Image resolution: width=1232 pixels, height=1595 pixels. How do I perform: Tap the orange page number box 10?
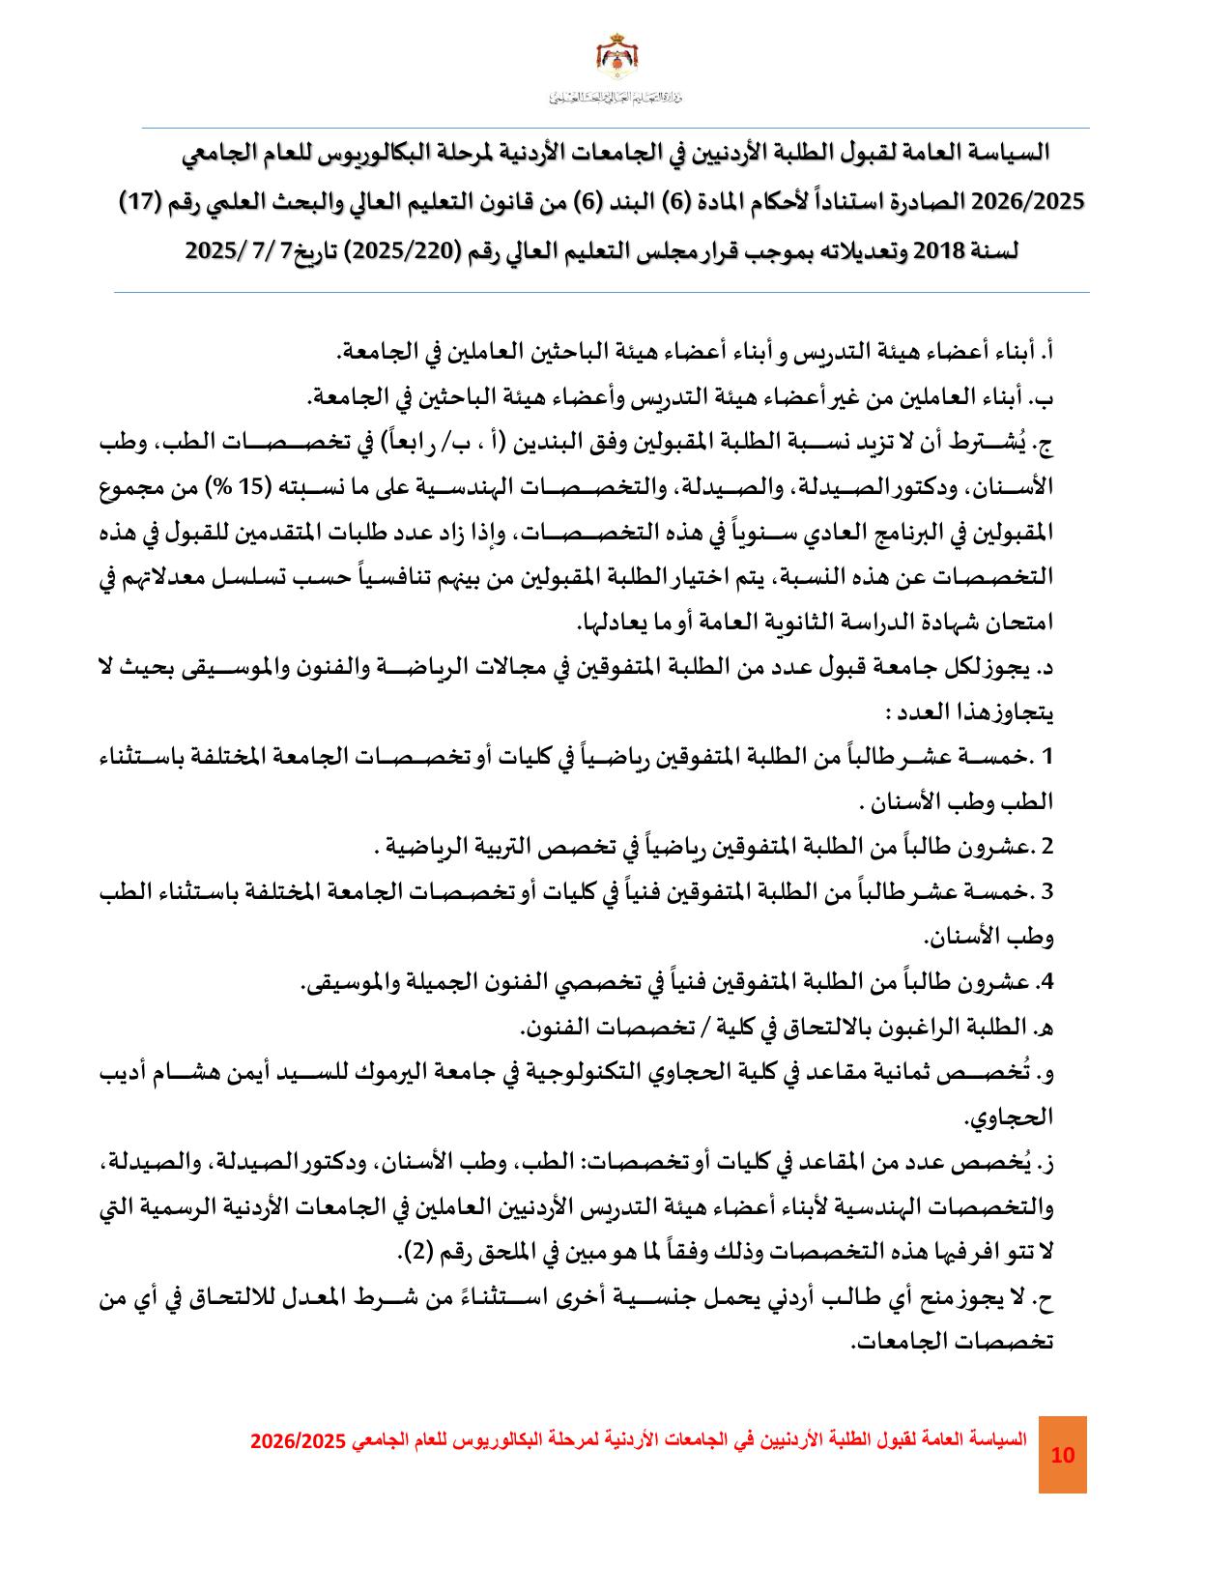(x=1062, y=1456)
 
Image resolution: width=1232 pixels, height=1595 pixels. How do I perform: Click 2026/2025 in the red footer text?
(x=298, y=1439)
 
